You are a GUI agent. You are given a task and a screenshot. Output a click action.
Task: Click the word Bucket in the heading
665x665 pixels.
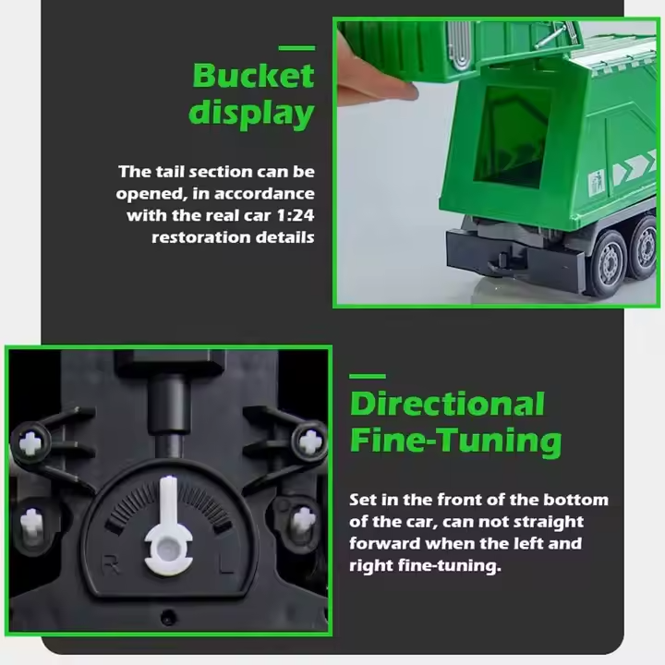[x=253, y=75]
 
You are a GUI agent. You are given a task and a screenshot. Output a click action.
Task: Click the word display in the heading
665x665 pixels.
[x=251, y=114]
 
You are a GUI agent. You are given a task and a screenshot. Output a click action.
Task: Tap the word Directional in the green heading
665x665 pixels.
[x=447, y=405]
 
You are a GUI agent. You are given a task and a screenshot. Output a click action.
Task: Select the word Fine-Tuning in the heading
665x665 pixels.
[x=455, y=441]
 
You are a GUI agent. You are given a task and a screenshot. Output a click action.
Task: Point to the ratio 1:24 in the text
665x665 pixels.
[x=296, y=215]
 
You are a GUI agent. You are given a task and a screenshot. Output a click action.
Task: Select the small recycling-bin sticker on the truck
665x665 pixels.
[x=597, y=179]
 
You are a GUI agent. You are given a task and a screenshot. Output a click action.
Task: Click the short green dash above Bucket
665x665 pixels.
[x=296, y=48]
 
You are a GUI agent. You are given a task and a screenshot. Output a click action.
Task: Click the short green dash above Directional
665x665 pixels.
[x=368, y=376]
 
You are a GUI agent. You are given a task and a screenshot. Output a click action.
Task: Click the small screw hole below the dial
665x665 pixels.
[x=168, y=616]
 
